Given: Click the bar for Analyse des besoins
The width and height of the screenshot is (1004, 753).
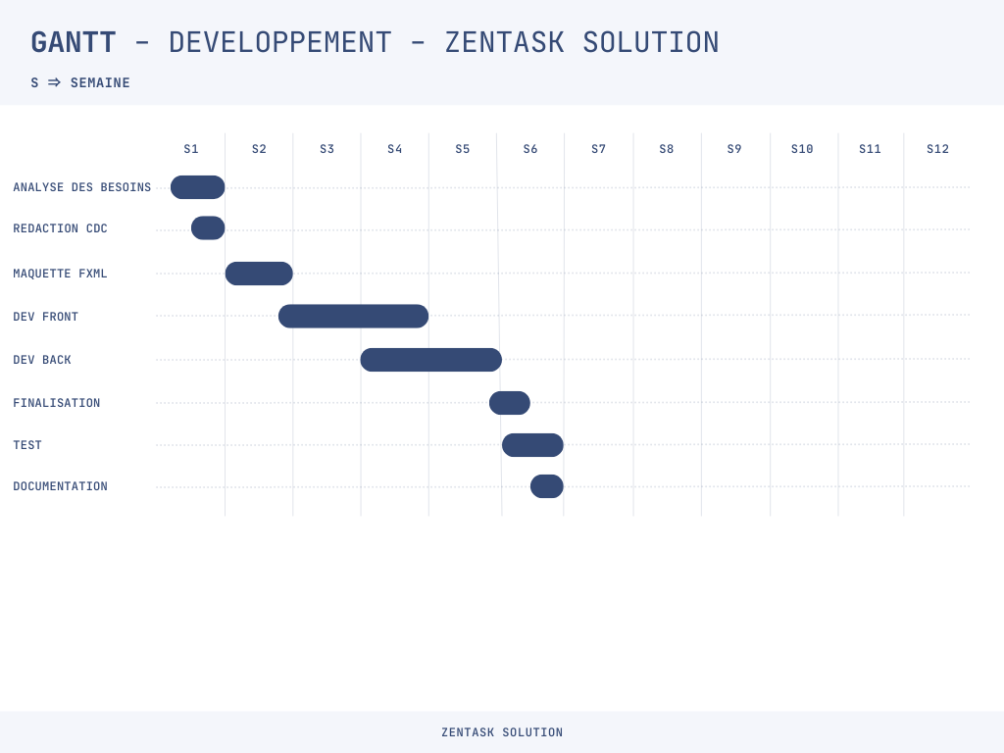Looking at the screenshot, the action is (198, 187).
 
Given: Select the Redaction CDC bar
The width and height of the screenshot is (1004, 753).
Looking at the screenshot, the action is (208, 227).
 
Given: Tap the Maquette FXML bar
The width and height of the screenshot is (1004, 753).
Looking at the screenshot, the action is (259, 274).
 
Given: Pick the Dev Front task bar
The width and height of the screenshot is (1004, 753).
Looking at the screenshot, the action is (353, 317).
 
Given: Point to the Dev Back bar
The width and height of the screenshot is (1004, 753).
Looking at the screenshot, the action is (431, 360).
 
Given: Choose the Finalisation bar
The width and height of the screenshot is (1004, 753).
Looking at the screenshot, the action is (510, 403).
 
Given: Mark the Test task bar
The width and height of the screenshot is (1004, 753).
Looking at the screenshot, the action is (532, 445).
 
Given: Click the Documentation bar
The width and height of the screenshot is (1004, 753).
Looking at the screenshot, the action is (547, 486).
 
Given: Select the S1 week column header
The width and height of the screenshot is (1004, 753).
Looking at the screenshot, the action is (191, 149).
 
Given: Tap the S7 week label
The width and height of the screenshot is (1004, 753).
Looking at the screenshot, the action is (598, 149).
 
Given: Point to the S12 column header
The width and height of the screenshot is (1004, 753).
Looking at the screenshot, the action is (937, 149).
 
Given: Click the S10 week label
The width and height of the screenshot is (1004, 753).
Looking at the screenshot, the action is (802, 149).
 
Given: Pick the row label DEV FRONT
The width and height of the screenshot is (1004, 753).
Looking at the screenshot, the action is (45, 317).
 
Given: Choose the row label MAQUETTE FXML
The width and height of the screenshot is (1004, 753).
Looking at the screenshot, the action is (60, 274).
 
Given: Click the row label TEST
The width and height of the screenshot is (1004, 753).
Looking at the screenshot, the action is (27, 445).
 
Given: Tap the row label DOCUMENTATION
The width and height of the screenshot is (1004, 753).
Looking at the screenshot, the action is (60, 486).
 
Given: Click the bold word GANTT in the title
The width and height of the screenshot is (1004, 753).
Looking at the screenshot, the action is (74, 43).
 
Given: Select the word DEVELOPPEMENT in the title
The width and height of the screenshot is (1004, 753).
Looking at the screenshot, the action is (279, 43).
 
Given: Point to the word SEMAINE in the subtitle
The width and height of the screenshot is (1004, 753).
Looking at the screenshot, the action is (100, 82).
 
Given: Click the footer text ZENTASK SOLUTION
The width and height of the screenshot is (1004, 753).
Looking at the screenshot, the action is (502, 731).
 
